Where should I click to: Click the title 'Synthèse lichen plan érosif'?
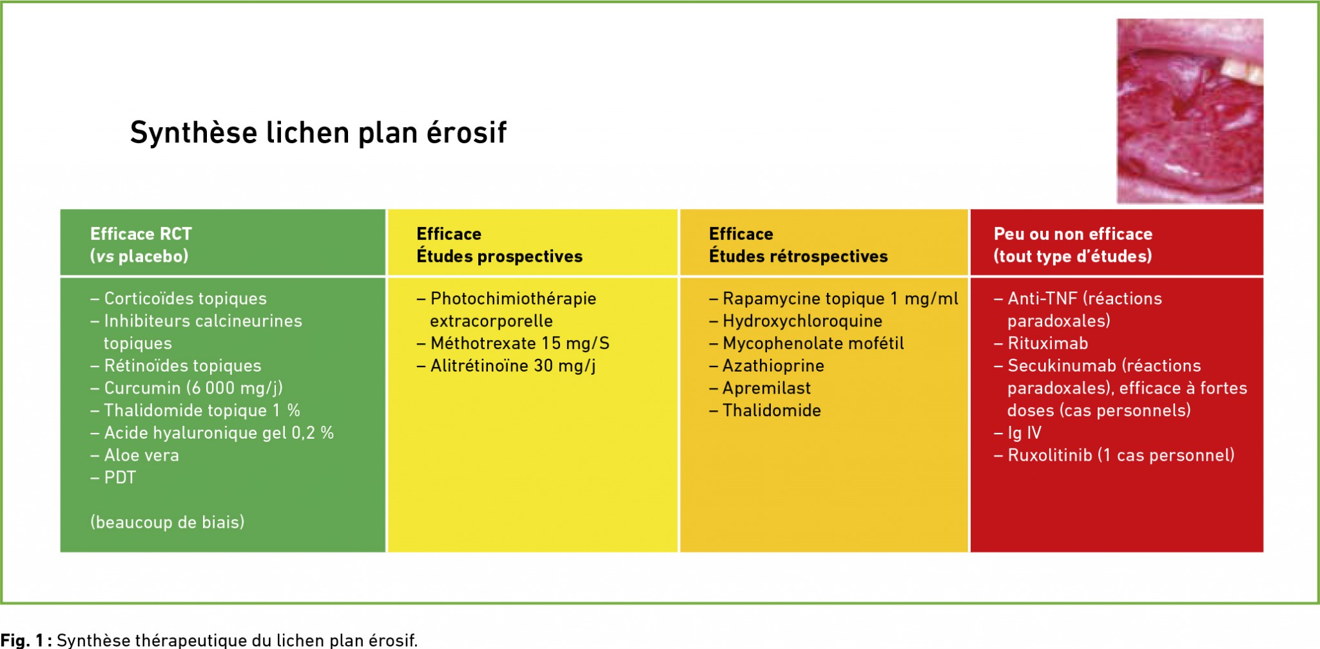click(x=318, y=133)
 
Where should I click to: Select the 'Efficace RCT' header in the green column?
click(x=141, y=234)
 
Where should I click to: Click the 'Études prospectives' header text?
click(x=500, y=256)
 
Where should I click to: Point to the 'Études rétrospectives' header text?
click(x=798, y=256)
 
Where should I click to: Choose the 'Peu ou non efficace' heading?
click(x=1073, y=234)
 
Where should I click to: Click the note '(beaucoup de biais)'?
click(x=168, y=522)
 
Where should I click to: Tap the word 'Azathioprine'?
click(x=773, y=366)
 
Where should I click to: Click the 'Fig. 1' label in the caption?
click(x=22, y=640)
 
